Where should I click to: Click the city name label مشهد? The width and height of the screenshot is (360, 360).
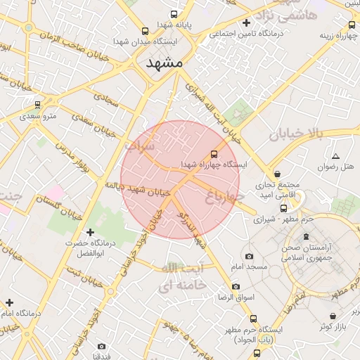pos(164,63)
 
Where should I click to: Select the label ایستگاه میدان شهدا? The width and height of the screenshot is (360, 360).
pos(145,42)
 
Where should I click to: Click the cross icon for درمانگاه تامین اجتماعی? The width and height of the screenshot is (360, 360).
pos(245,22)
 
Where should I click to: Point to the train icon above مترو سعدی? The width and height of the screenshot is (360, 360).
pos(37,105)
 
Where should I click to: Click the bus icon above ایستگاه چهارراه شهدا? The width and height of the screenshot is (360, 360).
pos(214,153)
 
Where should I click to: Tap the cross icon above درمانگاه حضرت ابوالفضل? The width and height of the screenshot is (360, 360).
pos(89,232)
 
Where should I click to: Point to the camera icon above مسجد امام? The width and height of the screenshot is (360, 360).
pos(249,257)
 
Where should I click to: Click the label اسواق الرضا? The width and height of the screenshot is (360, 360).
pos(235,297)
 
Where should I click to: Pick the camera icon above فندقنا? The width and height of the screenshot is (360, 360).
pos(102,346)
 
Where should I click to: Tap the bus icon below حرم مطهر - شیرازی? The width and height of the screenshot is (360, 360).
pos(284,208)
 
